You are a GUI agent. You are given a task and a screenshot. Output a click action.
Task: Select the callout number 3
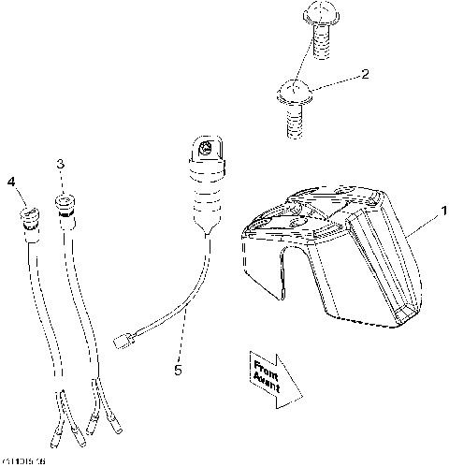point(61,165)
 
